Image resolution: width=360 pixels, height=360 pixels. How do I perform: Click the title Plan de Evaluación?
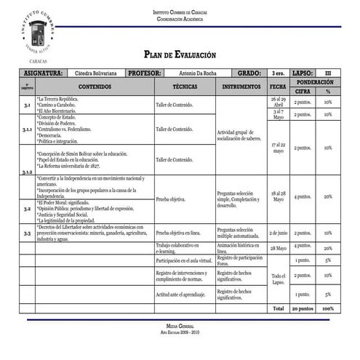point(180,55)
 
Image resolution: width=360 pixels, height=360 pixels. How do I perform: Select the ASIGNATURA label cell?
point(43,73)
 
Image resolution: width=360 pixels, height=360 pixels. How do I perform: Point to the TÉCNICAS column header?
point(185,87)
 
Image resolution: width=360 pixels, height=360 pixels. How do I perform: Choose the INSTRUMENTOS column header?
point(241,87)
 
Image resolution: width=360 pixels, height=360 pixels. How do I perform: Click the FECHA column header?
point(278,87)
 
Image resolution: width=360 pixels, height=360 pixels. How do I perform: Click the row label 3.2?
point(27,208)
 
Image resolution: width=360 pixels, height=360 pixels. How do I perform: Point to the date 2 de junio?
point(278,233)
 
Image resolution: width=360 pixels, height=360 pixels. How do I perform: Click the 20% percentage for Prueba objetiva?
point(328,196)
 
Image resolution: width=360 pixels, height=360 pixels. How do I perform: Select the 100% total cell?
point(328,308)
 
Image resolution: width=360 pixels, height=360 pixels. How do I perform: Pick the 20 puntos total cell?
point(303,308)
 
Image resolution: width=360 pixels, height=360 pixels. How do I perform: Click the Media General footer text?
point(180,327)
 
